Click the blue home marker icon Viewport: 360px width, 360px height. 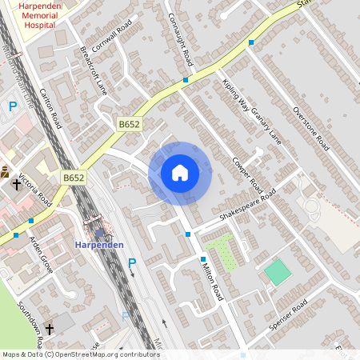(180, 173)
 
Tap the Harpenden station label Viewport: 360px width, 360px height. (97, 244)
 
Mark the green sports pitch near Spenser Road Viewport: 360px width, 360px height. (278, 272)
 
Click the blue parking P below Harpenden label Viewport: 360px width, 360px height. (132, 262)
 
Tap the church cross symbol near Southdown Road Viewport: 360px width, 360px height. (49, 329)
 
